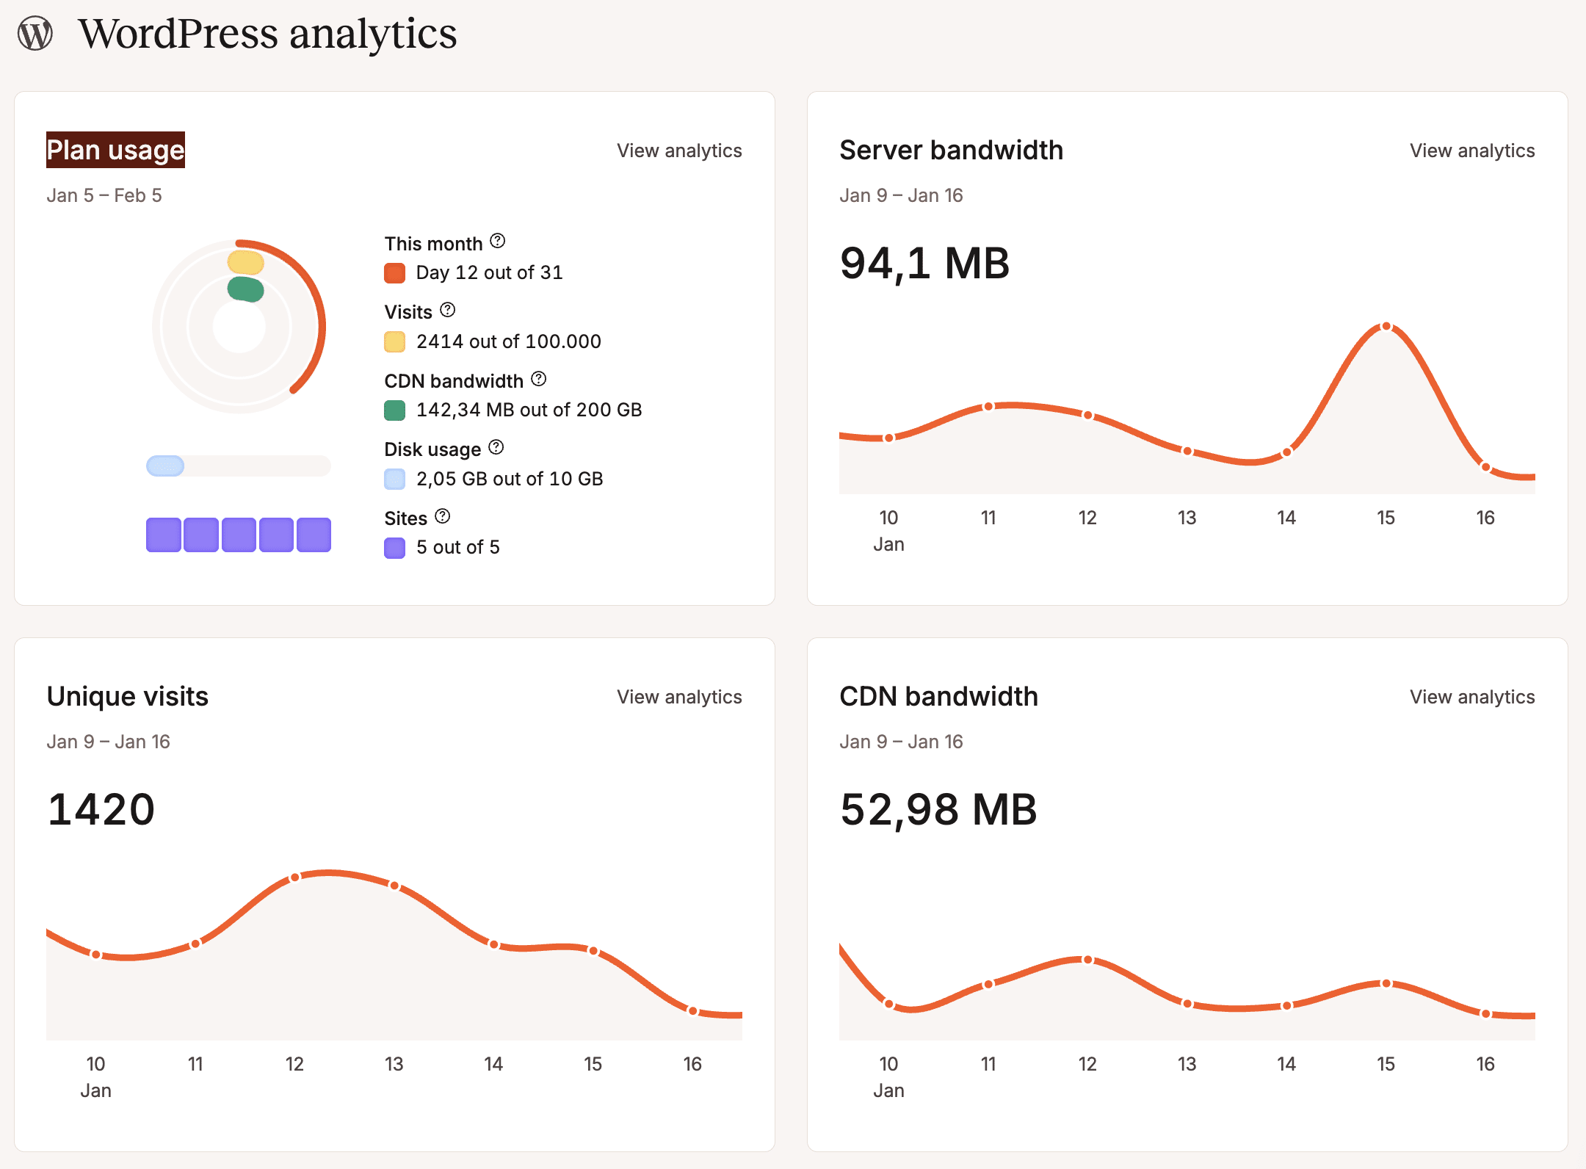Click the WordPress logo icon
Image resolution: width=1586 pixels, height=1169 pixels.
tap(35, 34)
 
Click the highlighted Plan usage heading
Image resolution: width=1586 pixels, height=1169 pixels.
tap(115, 150)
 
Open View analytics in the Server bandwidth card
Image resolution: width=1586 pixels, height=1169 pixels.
tap(1471, 151)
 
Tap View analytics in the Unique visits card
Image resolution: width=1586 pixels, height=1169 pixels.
tap(678, 697)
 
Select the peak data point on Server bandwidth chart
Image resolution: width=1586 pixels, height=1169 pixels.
tap(1386, 327)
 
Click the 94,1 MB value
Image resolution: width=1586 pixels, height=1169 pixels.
tap(924, 263)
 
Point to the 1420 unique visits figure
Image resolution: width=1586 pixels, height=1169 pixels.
tap(101, 809)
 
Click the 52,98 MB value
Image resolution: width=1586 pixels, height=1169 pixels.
tap(938, 809)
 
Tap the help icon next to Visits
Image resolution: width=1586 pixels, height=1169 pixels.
tap(448, 311)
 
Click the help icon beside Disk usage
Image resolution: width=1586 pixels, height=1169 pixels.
tap(496, 447)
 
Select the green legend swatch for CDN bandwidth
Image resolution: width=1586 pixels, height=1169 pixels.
tap(395, 410)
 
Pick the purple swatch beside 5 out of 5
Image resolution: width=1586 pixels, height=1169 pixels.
tap(395, 548)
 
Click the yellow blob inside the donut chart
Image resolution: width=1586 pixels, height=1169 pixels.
tap(245, 262)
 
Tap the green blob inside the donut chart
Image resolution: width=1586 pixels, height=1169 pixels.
tap(245, 289)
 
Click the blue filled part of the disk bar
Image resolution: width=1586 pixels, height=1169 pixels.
tap(165, 466)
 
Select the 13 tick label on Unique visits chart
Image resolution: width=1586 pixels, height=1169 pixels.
tap(394, 1064)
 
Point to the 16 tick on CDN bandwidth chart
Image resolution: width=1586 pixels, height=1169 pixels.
tap(1485, 1064)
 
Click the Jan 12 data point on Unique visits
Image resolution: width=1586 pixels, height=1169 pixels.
tap(295, 877)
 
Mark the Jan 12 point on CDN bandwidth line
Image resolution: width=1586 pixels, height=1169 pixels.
tap(1087, 960)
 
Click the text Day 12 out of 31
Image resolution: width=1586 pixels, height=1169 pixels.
tap(489, 273)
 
